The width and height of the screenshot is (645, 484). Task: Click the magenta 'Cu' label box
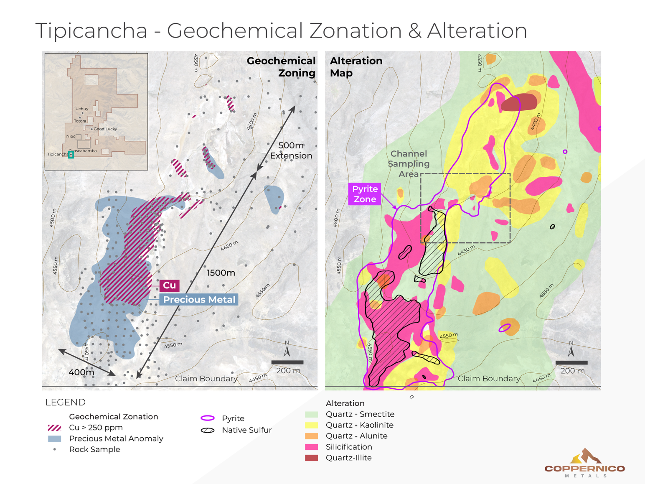169,285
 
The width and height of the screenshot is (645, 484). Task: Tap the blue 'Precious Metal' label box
199,300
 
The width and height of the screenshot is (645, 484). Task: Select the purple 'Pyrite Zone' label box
365,194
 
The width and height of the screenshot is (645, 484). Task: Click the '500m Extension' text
291,150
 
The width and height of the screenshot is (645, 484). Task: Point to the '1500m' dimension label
221,273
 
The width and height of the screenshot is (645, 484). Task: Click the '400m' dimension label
81,372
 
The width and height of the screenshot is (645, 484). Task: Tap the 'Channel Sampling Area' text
408,164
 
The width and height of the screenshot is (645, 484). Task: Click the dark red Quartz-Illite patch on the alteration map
518,102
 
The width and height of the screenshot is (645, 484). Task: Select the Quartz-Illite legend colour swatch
311,458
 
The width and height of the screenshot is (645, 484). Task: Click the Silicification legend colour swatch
311,447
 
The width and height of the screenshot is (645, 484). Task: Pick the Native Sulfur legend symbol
208,430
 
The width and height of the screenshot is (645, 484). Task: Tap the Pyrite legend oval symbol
208,418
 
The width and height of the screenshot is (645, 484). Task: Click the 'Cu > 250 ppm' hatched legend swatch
55,428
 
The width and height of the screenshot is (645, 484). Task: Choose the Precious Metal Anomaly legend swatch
55,438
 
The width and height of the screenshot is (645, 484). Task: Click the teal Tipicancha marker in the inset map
71,155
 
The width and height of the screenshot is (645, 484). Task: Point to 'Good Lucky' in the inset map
105,129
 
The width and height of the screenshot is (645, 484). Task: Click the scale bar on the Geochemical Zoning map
287,362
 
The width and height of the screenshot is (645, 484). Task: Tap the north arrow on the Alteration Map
571,349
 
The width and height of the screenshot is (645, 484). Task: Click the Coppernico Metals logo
585,464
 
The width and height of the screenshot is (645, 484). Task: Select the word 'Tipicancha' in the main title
91,31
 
